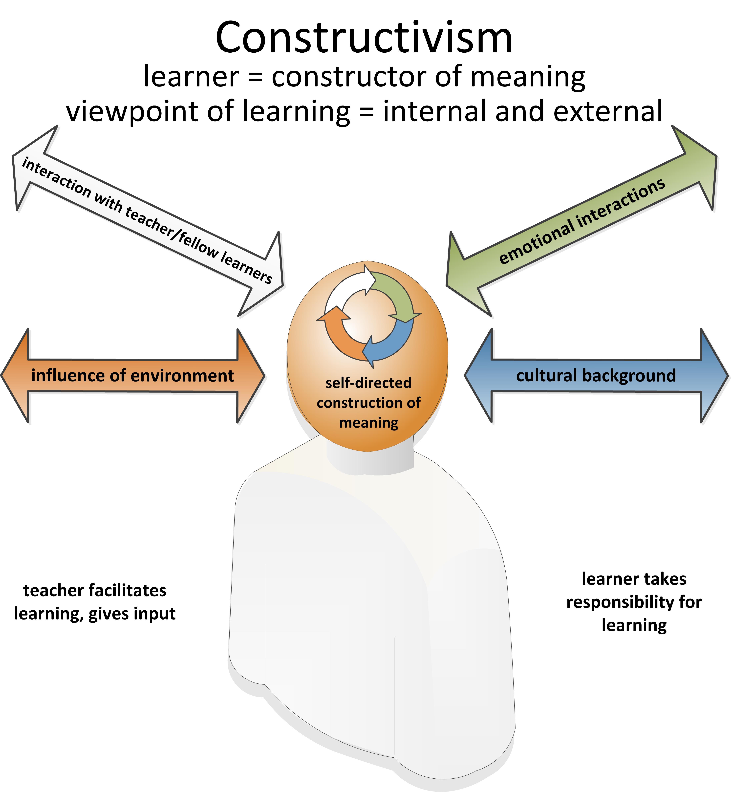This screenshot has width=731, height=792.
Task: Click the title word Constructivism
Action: [364, 38]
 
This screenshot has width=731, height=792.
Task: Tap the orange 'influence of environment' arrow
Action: [133, 376]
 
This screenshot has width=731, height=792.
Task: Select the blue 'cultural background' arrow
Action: [596, 376]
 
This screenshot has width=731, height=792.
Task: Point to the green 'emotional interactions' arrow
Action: [581, 222]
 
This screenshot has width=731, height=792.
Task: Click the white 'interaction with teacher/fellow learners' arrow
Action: [148, 222]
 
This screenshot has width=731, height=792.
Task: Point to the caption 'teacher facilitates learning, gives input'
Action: [95, 602]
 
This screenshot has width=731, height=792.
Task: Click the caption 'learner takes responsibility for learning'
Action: [634, 602]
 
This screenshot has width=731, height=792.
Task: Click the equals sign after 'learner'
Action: [255, 77]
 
